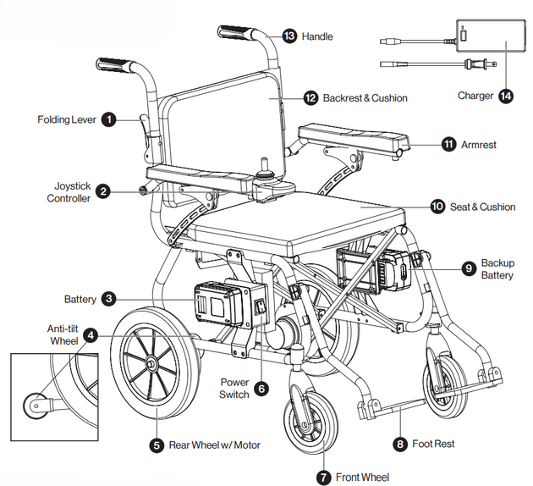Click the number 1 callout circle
pyautogui.click(x=109, y=119)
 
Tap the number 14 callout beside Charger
pyautogui.click(x=506, y=96)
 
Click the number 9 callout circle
pyautogui.click(x=468, y=268)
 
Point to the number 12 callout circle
pyautogui.click(x=310, y=98)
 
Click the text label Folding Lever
pyautogui.click(x=65, y=119)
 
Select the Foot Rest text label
pyautogui.click(x=433, y=444)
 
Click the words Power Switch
pyautogui.click(x=234, y=389)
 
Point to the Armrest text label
pyautogui.click(x=479, y=145)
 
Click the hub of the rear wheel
pyautogui.click(x=151, y=364)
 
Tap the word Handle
pyautogui.click(x=318, y=36)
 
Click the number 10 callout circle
pyautogui.click(x=437, y=207)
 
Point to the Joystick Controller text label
pyautogui.click(x=67, y=191)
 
